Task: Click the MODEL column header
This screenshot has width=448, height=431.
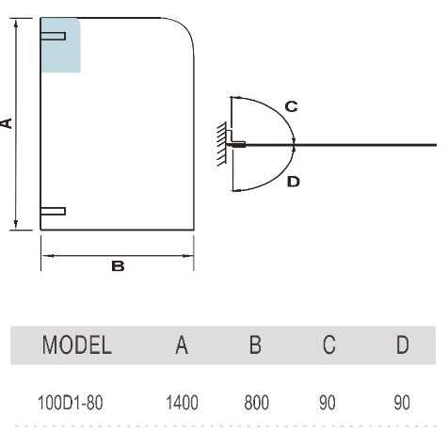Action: [77, 344]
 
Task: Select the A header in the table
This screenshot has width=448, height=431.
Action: [182, 344]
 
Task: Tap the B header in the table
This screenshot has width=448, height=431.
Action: [255, 344]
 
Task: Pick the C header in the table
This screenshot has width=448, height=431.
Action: [328, 344]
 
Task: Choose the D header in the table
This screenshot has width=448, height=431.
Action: [403, 344]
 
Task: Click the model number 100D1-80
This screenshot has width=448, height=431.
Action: [71, 403]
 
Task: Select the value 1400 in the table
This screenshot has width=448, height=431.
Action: [182, 403]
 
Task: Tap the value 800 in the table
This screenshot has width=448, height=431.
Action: [256, 403]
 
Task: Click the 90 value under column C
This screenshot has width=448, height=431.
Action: [328, 403]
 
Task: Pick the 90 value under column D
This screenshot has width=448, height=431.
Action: [402, 403]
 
